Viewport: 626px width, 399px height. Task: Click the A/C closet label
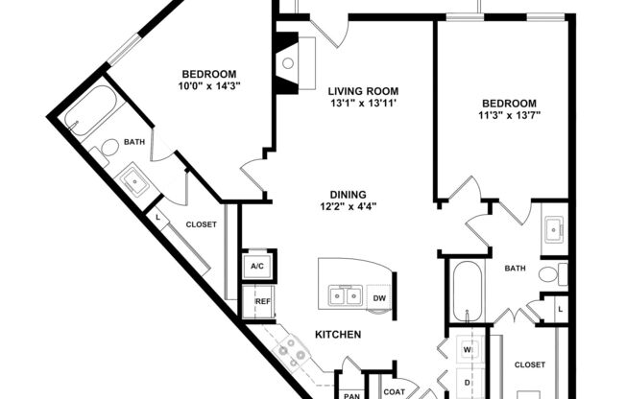[x=257, y=267]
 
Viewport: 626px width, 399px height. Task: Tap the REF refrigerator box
[x=261, y=302]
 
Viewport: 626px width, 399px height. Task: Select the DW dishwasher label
[x=379, y=297]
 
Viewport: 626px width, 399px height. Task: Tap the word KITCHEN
[x=338, y=335]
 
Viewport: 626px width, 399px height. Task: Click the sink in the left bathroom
[x=132, y=178]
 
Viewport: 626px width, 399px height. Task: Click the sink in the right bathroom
[x=555, y=228]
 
